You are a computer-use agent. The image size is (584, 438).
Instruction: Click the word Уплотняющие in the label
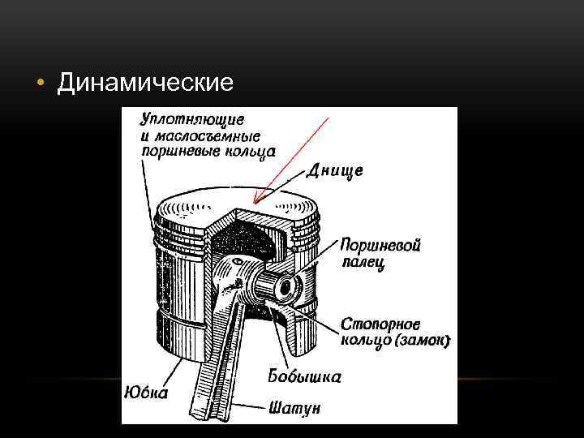[x=183, y=118]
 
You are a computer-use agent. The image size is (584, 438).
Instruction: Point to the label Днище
[x=335, y=171]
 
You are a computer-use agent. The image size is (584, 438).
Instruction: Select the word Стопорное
[x=379, y=323]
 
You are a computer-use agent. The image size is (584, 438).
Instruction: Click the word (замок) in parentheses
[x=420, y=341]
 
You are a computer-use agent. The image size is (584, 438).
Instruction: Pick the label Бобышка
[x=304, y=376]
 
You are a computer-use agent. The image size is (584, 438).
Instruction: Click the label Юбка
[x=147, y=393]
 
